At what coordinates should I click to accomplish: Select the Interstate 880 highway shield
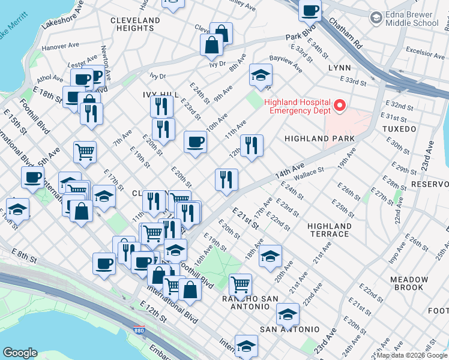coord(135,329)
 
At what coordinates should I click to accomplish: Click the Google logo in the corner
coord(20,353)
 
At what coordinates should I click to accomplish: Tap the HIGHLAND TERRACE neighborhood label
coord(329,230)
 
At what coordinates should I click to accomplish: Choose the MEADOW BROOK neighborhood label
coord(409,284)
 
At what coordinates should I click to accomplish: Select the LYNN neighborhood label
coord(339,68)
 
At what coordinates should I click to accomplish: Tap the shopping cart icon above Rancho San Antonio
coord(240,283)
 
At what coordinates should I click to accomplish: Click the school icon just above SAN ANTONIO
coord(288,314)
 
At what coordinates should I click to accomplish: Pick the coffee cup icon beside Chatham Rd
coord(310,10)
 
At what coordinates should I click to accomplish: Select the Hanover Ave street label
coord(61,45)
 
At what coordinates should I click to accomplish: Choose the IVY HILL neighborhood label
coord(160,95)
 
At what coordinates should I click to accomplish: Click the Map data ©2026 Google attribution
coord(412,355)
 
